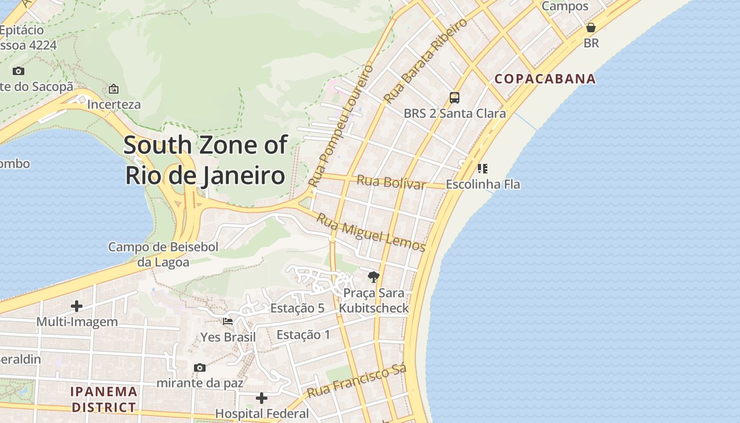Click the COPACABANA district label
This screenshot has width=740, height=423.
(545, 79)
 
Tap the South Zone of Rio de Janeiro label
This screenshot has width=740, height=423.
(206, 160)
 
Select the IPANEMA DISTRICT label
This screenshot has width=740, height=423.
(104, 399)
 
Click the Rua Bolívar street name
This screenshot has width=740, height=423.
(391, 182)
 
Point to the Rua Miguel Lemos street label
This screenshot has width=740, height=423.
(371, 232)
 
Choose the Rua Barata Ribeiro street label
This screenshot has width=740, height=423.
(425, 60)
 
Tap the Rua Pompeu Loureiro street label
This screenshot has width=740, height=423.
(340, 126)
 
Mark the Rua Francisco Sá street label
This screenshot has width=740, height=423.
(356, 382)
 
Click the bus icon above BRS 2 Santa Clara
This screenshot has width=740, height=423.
(454, 98)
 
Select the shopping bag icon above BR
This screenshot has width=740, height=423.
(591, 27)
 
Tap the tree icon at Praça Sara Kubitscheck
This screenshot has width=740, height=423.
(373, 277)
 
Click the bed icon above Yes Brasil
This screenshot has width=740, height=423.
(228, 321)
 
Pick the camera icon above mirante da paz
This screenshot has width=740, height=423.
(200, 367)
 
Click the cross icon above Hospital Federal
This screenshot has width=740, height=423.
(262, 398)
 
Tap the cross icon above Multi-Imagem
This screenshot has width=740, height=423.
(77, 306)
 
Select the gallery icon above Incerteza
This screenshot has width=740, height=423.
(114, 89)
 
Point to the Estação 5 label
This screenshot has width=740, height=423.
(297, 308)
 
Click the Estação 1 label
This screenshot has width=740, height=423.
(303, 335)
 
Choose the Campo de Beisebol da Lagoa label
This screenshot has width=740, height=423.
(163, 254)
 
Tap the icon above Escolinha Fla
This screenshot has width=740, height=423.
(482, 169)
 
